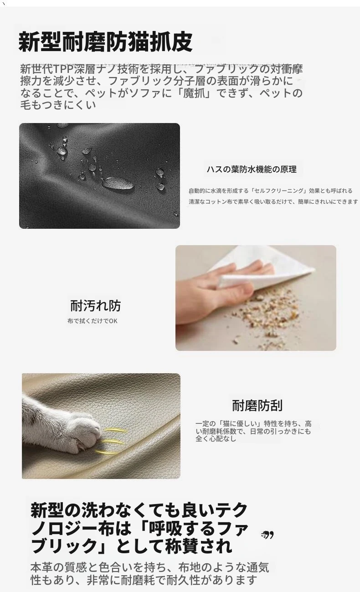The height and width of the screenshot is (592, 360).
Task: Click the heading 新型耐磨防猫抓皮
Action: click(105, 42)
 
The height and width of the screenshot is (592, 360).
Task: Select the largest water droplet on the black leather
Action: click(118, 183)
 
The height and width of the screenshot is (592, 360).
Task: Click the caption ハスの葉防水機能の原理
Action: click(252, 169)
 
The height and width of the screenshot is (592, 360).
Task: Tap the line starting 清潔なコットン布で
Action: click(273, 201)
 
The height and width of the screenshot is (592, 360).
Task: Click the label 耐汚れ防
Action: click(95, 305)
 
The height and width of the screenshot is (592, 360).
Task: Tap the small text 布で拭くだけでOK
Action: click(92, 321)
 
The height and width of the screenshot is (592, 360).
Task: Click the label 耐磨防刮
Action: click(257, 406)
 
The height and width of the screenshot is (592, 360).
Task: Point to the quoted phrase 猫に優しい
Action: click(240, 424)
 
